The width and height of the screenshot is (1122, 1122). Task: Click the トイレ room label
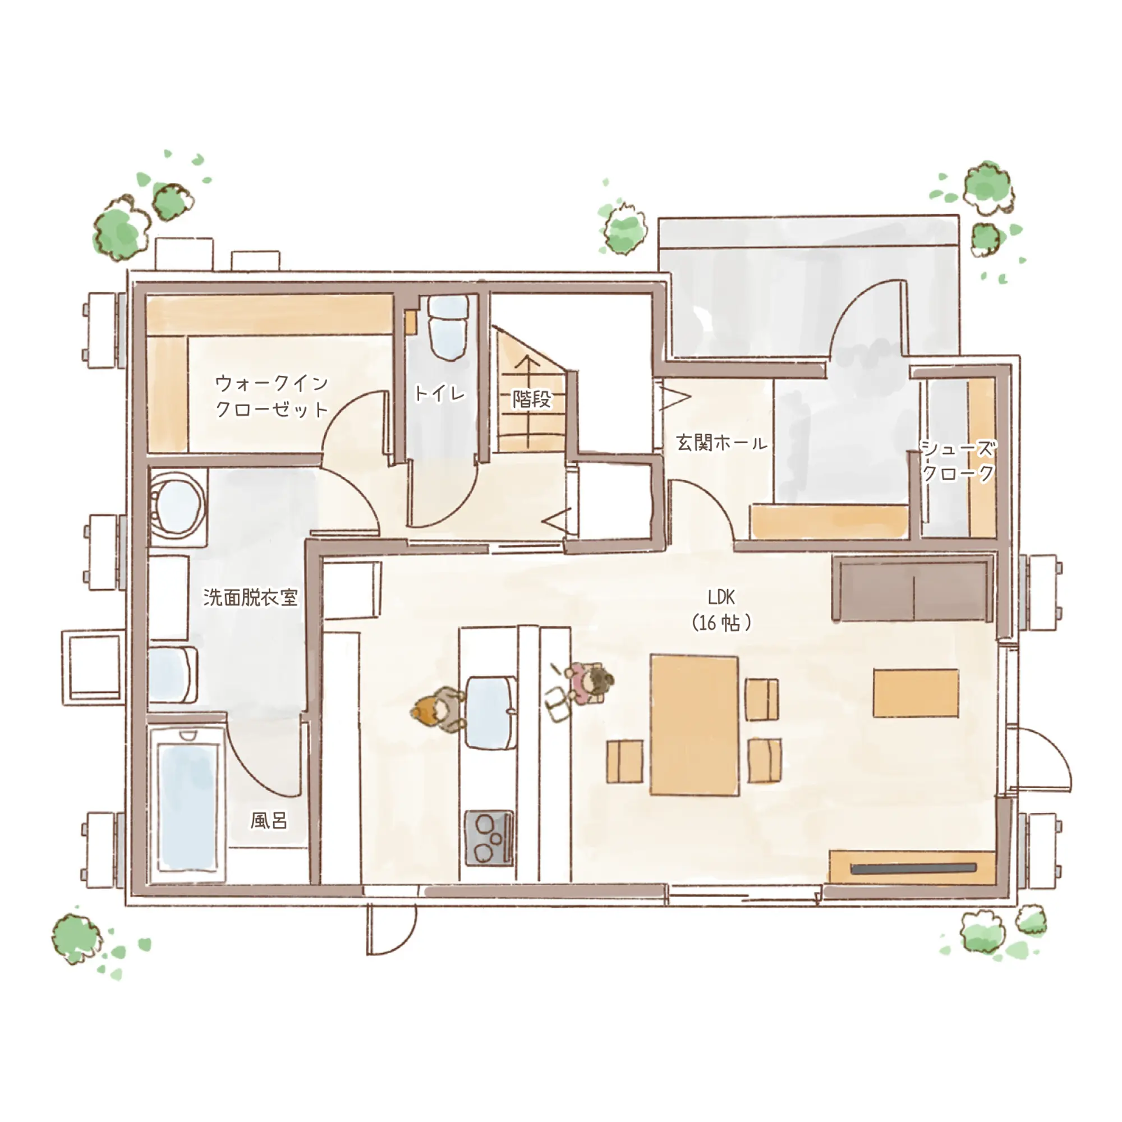tap(440, 393)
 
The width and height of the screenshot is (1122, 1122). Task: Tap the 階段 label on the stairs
tap(531, 398)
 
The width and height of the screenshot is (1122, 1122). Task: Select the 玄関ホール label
tap(721, 443)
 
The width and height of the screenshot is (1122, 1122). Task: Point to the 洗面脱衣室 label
tap(250, 597)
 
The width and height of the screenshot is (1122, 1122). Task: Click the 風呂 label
tap(269, 821)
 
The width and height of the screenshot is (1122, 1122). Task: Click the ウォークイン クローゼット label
tap(272, 396)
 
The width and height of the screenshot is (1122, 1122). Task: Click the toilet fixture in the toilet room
tap(448, 328)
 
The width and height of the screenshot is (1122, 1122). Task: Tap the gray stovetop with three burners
tap(489, 838)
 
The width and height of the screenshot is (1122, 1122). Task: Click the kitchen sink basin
tap(491, 712)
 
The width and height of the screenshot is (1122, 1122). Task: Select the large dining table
tap(695, 725)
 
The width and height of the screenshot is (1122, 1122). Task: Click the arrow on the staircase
tap(528, 401)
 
